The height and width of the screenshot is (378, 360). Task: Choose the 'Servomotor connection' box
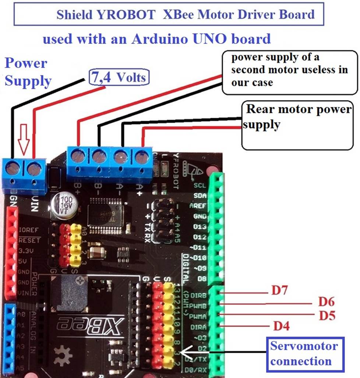pyautogui.click(x=304, y=353)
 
